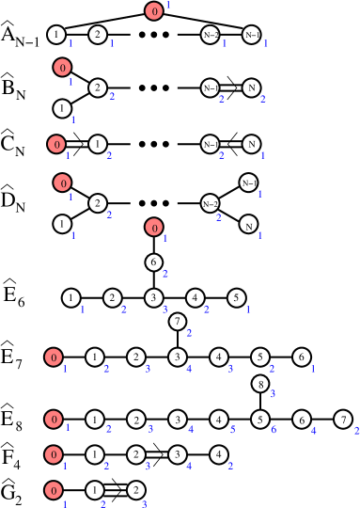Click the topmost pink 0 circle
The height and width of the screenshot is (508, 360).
pyautogui.click(x=154, y=11)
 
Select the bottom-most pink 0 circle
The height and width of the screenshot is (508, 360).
pyautogui.click(x=54, y=490)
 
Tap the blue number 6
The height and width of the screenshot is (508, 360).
pyautogui.click(x=274, y=430)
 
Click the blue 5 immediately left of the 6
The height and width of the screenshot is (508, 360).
pyautogui.click(x=232, y=430)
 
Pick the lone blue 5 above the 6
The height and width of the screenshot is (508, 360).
pyautogui.click(x=273, y=394)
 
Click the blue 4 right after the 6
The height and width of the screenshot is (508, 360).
pyautogui.click(x=314, y=431)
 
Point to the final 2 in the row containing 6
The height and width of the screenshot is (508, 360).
pyautogui.click(x=356, y=431)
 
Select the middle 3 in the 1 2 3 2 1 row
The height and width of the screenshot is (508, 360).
pyautogui.click(x=164, y=310)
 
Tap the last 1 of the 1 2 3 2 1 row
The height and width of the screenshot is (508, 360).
pyautogui.click(x=248, y=310)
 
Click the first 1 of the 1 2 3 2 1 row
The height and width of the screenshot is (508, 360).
pyautogui.click(x=83, y=310)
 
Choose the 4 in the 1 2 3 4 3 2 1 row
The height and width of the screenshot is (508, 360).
pyautogui.click(x=189, y=369)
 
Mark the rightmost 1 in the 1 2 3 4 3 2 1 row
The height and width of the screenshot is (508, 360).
pyautogui.click(x=313, y=369)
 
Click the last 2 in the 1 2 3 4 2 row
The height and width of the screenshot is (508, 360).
pyautogui.click(x=230, y=466)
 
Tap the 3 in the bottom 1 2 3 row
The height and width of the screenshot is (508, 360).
pyautogui.click(x=145, y=504)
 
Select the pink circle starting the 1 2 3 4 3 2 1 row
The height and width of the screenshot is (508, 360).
pyautogui.click(x=54, y=357)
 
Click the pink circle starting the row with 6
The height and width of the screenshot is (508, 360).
pyautogui.click(x=54, y=420)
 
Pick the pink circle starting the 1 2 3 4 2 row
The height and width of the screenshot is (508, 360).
pyautogui.click(x=54, y=455)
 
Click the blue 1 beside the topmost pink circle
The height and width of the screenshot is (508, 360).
pyautogui.click(x=168, y=7)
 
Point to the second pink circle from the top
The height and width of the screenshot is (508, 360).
pyautogui.click(x=62, y=68)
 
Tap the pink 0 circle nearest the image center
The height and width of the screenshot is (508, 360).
pyautogui.click(x=154, y=227)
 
